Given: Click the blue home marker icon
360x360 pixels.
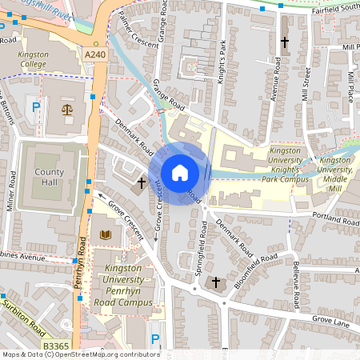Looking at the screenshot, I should tap(180, 173).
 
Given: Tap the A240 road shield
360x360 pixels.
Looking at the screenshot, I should tap(94, 54).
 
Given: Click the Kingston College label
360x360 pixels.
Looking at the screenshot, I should tap(34, 59).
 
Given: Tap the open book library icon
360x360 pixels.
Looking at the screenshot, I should tap(105, 234).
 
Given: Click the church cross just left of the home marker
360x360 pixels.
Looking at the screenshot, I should tap(141, 183).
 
